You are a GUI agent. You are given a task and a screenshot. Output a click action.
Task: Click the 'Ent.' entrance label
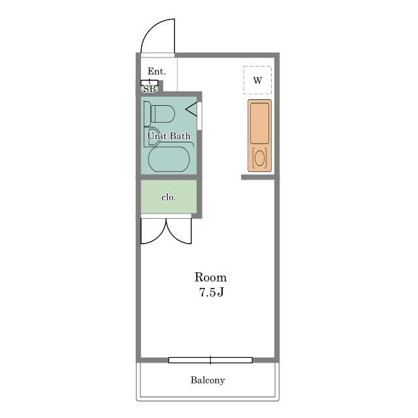point(157,71)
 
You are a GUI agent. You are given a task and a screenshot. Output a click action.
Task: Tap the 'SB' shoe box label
point(150,89)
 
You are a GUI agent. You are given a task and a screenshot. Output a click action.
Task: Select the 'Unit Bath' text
point(169,136)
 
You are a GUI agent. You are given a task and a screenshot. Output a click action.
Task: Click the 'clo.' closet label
point(169,197)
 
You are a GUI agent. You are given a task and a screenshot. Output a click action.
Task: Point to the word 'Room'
point(210,277)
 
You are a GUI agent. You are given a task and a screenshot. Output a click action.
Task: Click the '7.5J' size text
point(212,293)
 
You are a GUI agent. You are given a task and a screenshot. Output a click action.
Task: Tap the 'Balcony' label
point(208,380)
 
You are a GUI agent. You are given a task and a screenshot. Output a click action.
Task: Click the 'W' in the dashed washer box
point(257,80)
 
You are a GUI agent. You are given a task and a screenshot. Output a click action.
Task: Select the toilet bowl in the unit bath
point(163,114)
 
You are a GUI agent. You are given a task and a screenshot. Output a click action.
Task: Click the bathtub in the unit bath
point(169,159)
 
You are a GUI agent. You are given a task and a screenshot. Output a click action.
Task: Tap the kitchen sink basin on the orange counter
point(260,158)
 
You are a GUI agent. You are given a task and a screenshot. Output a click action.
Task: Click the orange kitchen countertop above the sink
point(260,123)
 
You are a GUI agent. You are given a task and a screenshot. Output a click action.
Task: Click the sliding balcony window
point(210,360)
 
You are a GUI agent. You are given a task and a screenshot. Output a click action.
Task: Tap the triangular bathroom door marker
point(191,109)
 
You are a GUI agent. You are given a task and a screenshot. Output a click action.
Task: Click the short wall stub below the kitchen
point(258,177)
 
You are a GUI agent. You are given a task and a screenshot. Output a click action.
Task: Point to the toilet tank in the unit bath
point(147,114)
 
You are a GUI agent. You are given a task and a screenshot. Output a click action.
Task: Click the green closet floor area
point(169,197)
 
